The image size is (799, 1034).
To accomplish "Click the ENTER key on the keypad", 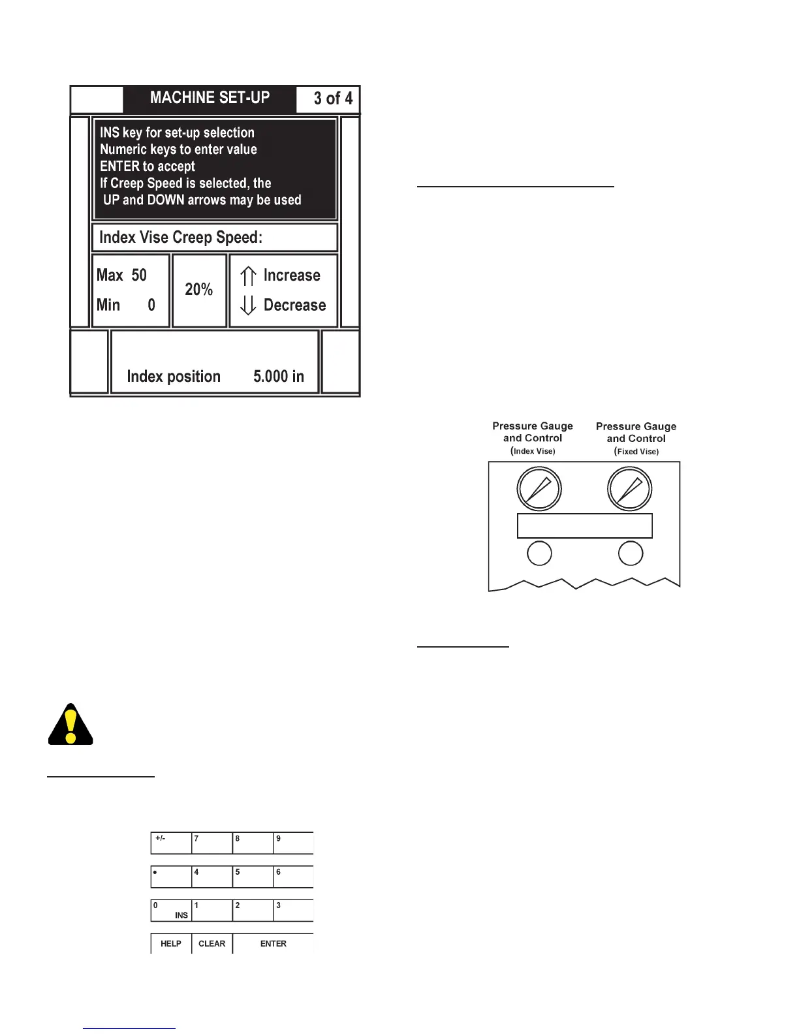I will point(273,943).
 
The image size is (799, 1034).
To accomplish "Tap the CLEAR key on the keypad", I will point(211,943).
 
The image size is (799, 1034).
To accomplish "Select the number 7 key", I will point(211,843).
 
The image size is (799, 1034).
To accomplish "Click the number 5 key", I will point(252,876).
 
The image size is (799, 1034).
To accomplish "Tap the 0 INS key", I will point(170,910).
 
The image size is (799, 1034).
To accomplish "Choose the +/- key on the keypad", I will point(170,843).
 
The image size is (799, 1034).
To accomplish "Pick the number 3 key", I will point(292,910).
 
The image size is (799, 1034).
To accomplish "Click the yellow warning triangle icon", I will point(70,725).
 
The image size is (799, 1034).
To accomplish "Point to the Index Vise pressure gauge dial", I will point(539,489).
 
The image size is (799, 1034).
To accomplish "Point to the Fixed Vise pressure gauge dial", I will point(629,489).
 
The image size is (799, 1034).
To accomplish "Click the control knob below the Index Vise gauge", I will point(539,554).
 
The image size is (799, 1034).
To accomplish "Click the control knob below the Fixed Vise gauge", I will point(631,554).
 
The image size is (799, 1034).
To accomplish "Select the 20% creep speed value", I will point(199,289).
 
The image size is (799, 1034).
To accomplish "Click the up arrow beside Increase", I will point(248,276).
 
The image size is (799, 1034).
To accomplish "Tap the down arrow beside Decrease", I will point(248,305).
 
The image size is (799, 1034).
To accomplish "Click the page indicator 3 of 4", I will point(333,99).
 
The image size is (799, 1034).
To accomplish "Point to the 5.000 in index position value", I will point(279,377).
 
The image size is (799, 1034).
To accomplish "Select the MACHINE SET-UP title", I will point(210,98).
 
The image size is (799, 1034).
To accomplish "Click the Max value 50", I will point(139,275).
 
